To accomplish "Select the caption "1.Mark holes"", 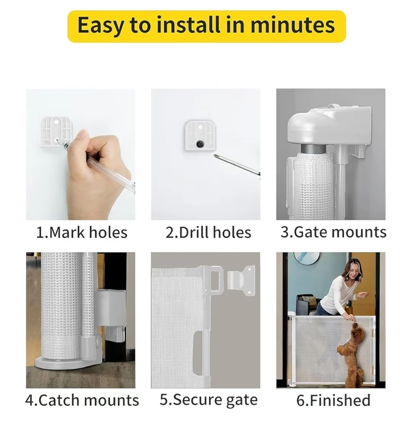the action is (82, 232).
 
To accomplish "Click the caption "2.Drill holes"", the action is (209, 232).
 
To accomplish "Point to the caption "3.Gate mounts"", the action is (334, 232).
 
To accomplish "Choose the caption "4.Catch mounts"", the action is (82, 400).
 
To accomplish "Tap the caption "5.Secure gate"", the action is (209, 400).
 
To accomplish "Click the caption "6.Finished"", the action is (333, 400).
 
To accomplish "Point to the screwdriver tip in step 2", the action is (215, 156).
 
